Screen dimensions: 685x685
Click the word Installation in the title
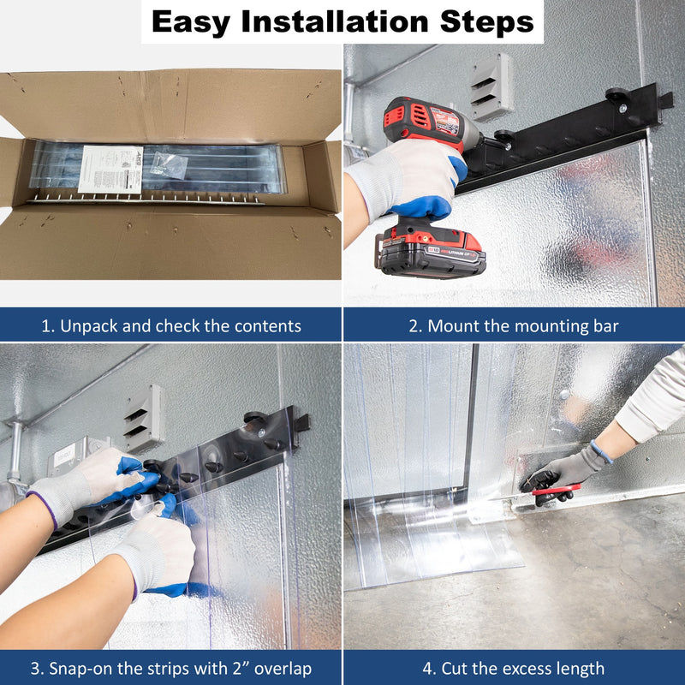pos(335,21)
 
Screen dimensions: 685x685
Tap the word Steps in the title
pos(486,22)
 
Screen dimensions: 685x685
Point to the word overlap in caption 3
pos(283,669)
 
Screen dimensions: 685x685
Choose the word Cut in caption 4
pos(452,669)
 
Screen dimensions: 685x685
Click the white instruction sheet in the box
pos(110,170)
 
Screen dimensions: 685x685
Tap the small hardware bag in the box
pos(169,165)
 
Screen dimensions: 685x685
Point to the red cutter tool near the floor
pos(556,489)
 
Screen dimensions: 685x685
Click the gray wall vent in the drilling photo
pos(491,87)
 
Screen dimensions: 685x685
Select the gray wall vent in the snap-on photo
pos(144,419)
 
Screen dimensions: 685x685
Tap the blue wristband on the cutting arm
pos(601,451)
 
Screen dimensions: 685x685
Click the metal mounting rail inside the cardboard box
pos(146,200)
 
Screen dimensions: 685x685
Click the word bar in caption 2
pos(606,326)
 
